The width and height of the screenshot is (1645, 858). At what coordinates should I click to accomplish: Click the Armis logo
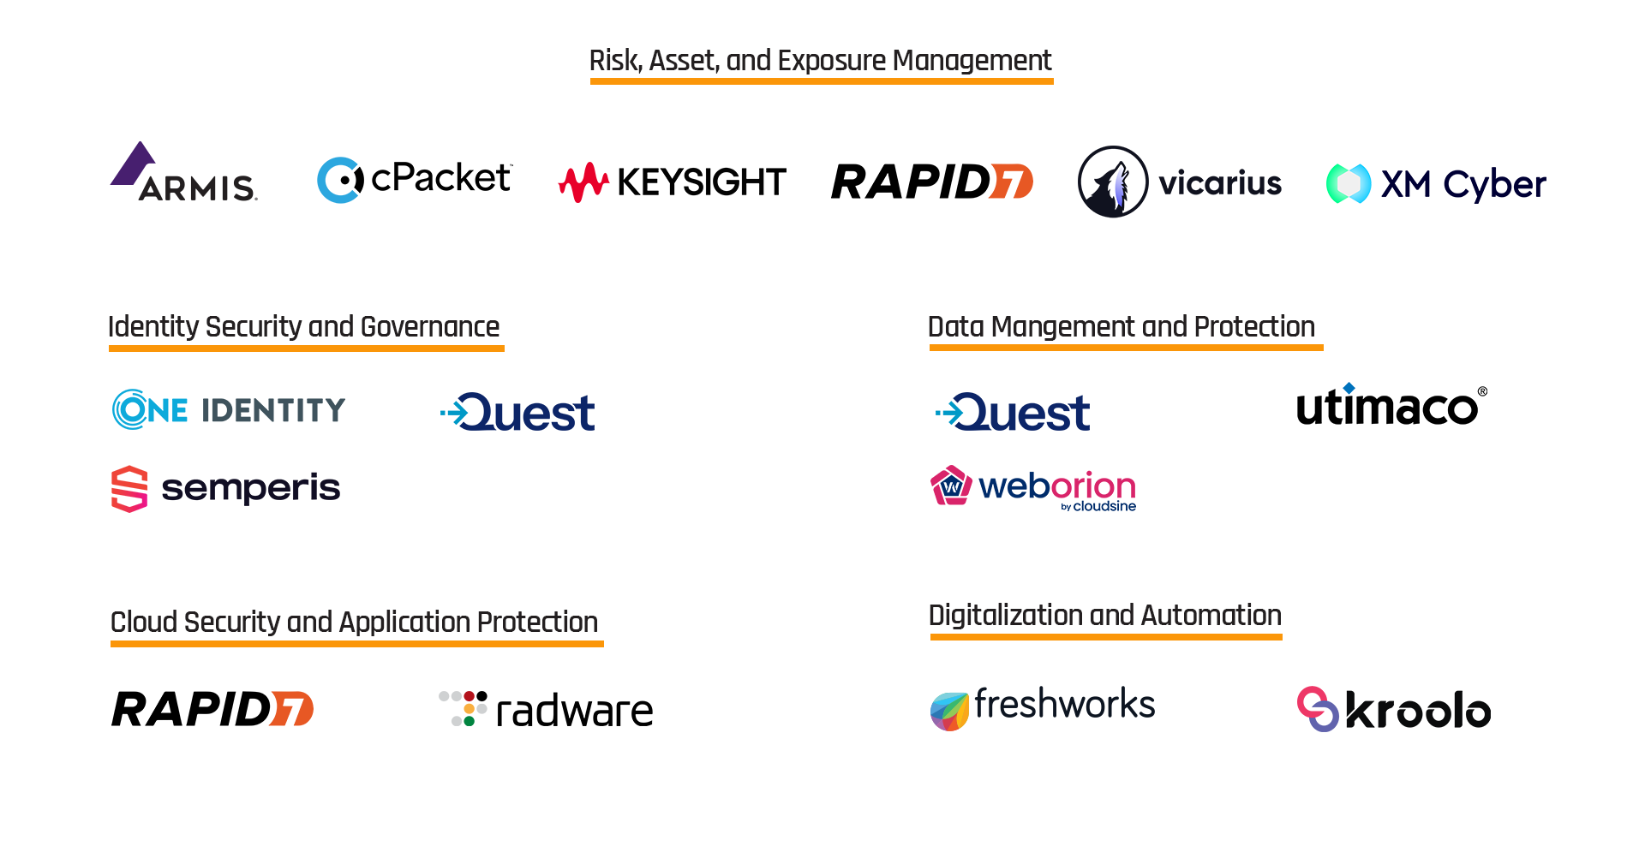point(185,174)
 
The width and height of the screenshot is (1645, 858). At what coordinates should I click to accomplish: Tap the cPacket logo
point(415,180)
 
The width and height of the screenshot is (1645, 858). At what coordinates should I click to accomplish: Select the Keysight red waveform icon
point(583,182)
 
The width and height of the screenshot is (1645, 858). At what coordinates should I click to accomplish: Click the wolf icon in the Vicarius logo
point(1112,182)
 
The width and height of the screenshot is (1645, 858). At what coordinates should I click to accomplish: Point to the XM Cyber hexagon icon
point(1348,183)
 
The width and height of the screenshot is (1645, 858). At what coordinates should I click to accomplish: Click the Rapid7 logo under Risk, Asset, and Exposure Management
point(932,182)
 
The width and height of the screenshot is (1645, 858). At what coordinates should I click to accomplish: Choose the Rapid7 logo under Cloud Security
point(212,709)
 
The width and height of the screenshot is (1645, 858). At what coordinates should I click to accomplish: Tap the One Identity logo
point(229,409)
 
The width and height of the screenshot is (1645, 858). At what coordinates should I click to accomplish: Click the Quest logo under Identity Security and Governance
point(518,413)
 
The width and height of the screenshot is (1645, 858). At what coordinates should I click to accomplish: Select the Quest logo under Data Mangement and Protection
point(1014,413)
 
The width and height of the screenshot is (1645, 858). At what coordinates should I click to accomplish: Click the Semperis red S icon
point(129,488)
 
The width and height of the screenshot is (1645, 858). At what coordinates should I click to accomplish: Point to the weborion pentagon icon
point(951,486)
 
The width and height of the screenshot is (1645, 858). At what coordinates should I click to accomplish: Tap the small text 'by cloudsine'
point(1098,507)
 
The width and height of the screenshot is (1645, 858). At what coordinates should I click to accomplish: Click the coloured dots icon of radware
point(464,708)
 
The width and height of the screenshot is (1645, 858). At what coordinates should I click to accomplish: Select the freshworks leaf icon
point(949,711)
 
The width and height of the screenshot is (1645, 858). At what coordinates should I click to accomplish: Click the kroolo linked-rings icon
point(1317,709)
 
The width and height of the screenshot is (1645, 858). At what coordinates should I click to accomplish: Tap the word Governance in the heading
point(430,327)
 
